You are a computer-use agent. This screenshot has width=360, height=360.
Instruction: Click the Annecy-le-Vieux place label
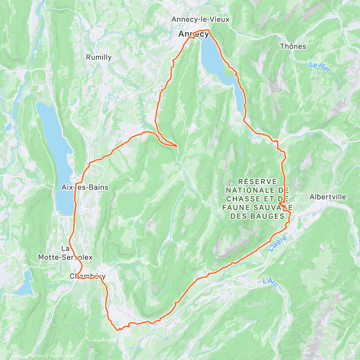point(200,19)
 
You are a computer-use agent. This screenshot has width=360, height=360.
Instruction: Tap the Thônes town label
point(293,46)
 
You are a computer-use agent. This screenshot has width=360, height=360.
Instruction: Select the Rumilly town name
point(99,57)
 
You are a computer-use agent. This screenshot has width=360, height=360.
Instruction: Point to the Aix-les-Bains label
point(85,187)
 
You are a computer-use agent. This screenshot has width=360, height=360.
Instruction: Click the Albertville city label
point(328,197)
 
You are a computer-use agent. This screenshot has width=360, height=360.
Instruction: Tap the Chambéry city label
point(87,276)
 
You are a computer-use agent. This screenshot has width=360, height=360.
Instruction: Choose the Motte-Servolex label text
point(65,257)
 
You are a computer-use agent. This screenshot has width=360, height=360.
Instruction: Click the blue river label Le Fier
point(320,67)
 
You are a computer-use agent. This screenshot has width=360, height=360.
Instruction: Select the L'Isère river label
point(277,244)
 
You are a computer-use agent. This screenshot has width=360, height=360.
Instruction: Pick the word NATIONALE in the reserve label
point(250,190)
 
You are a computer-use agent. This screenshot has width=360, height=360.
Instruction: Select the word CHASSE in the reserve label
point(243,199)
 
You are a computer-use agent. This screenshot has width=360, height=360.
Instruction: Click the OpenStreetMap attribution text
point(63,356)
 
